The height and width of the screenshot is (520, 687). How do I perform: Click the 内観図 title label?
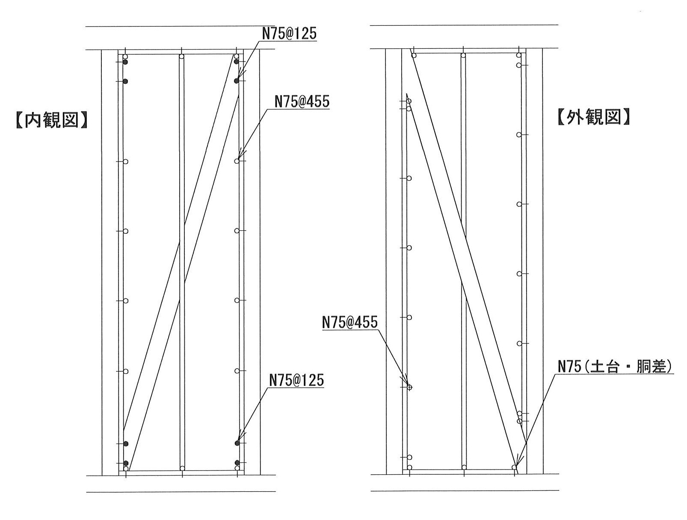click(x=52, y=120)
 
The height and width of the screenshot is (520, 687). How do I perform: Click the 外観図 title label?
click(x=593, y=117)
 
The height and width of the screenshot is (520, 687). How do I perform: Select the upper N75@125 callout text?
click(x=289, y=34)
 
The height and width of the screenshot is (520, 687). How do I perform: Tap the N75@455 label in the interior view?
click(x=302, y=102)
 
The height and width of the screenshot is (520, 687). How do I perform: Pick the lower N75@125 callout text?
click(x=296, y=381)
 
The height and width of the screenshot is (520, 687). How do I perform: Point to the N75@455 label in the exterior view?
click(x=350, y=323)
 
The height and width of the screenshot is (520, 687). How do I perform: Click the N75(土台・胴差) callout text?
click(x=615, y=367)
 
